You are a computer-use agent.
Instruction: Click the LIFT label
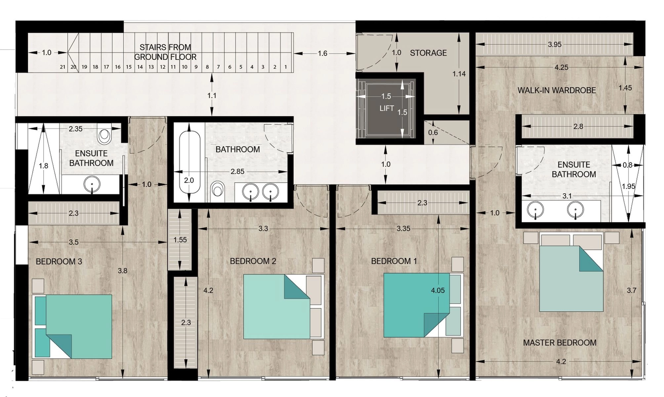pos(387,108)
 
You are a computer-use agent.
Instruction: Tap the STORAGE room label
pos(428,53)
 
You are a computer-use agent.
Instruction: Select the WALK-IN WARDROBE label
pos(557,90)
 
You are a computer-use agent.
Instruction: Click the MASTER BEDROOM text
pos(560,343)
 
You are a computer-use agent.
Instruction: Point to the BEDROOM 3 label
pos(59,262)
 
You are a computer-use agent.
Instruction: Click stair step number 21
pos(62,67)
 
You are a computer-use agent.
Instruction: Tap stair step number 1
pos(286,67)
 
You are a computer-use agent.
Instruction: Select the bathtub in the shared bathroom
pos(189,162)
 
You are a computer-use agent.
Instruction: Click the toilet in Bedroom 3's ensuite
pos(104,136)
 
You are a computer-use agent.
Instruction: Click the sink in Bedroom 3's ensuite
pos(92,185)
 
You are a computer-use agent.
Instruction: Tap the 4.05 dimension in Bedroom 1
pos(438,290)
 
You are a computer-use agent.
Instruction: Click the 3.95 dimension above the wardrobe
pos(555,44)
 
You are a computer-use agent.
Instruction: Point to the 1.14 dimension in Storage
pos(459,74)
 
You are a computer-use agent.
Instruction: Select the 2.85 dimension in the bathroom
pos(237,172)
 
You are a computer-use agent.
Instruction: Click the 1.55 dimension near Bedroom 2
pos(180,240)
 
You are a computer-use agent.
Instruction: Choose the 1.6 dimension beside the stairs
pos(322,53)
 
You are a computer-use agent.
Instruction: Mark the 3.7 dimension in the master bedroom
pos(631,290)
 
